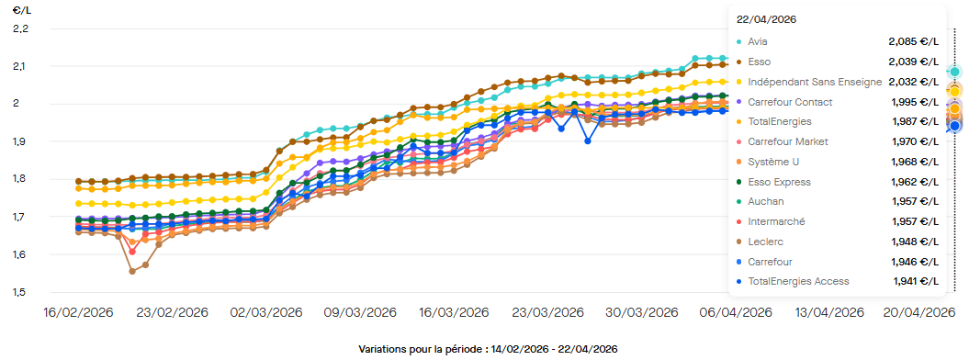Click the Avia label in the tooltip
[x=758, y=41]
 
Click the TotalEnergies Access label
[x=798, y=281]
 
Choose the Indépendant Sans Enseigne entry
[x=815, y=82]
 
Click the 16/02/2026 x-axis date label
[x=78, y=312]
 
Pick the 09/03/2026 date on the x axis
[x=359, y=312]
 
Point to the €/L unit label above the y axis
[x=20, y=10]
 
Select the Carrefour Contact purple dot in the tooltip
[x=739, y=102]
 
